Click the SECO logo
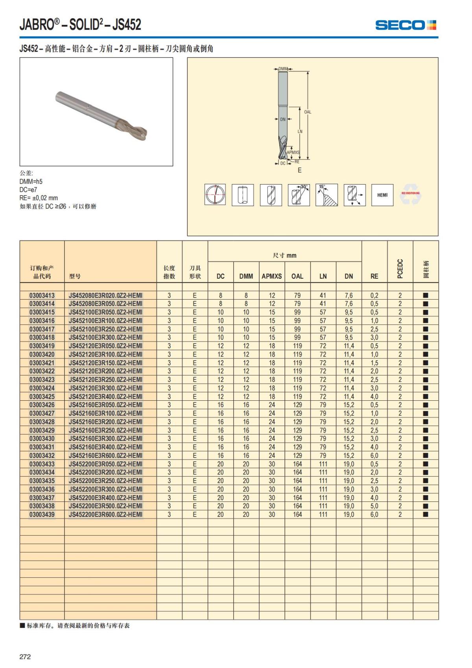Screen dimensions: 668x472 click(x=405, y=25)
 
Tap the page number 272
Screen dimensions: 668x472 click(x=25, y=657)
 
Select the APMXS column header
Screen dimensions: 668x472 click(x=272, y=276)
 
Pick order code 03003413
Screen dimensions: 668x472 click(x=42, y=295)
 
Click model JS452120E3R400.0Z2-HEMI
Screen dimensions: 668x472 click(x=105, y=396)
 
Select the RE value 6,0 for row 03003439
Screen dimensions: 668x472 click(x=374, y=514)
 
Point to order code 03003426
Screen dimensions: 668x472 click(x=42, y=405)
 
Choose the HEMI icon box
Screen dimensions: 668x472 click(x=382, y=195)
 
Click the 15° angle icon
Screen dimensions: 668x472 click(x=326, y=195)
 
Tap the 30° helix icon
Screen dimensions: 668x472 click(x=299, y=195)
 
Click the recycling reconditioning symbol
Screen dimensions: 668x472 click(x=410, y=195)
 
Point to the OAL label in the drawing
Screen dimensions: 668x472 click(x=308, y=112)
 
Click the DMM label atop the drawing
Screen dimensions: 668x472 click(x=283, y=69)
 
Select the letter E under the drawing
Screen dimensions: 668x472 click(x=300, y=170)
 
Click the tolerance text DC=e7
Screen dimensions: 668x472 click(x=28, y=190)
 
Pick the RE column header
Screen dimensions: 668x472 click(x=374, y=276)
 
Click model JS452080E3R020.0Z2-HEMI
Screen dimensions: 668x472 click(x=105, y=295)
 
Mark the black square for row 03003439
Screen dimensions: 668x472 click(x=425, y=514)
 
